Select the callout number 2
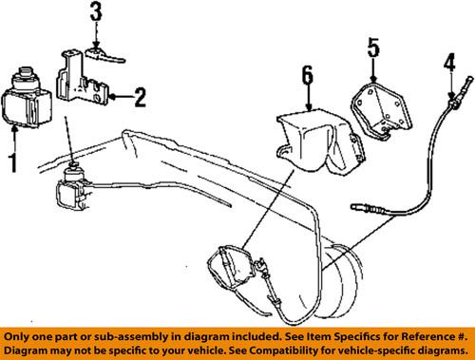[141, 97]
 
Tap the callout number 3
[96, 11]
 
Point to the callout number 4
[449, 63]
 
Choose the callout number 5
[373, 47]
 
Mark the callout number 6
[308, 76]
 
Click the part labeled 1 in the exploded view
[27, 97]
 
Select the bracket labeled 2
[82, 77]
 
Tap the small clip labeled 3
[104, 55]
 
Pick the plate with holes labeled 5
[382, 109]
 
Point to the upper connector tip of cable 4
[472, 79]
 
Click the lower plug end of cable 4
[354, 207]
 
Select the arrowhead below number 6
[308, 107]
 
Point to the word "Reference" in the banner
[428, 336]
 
